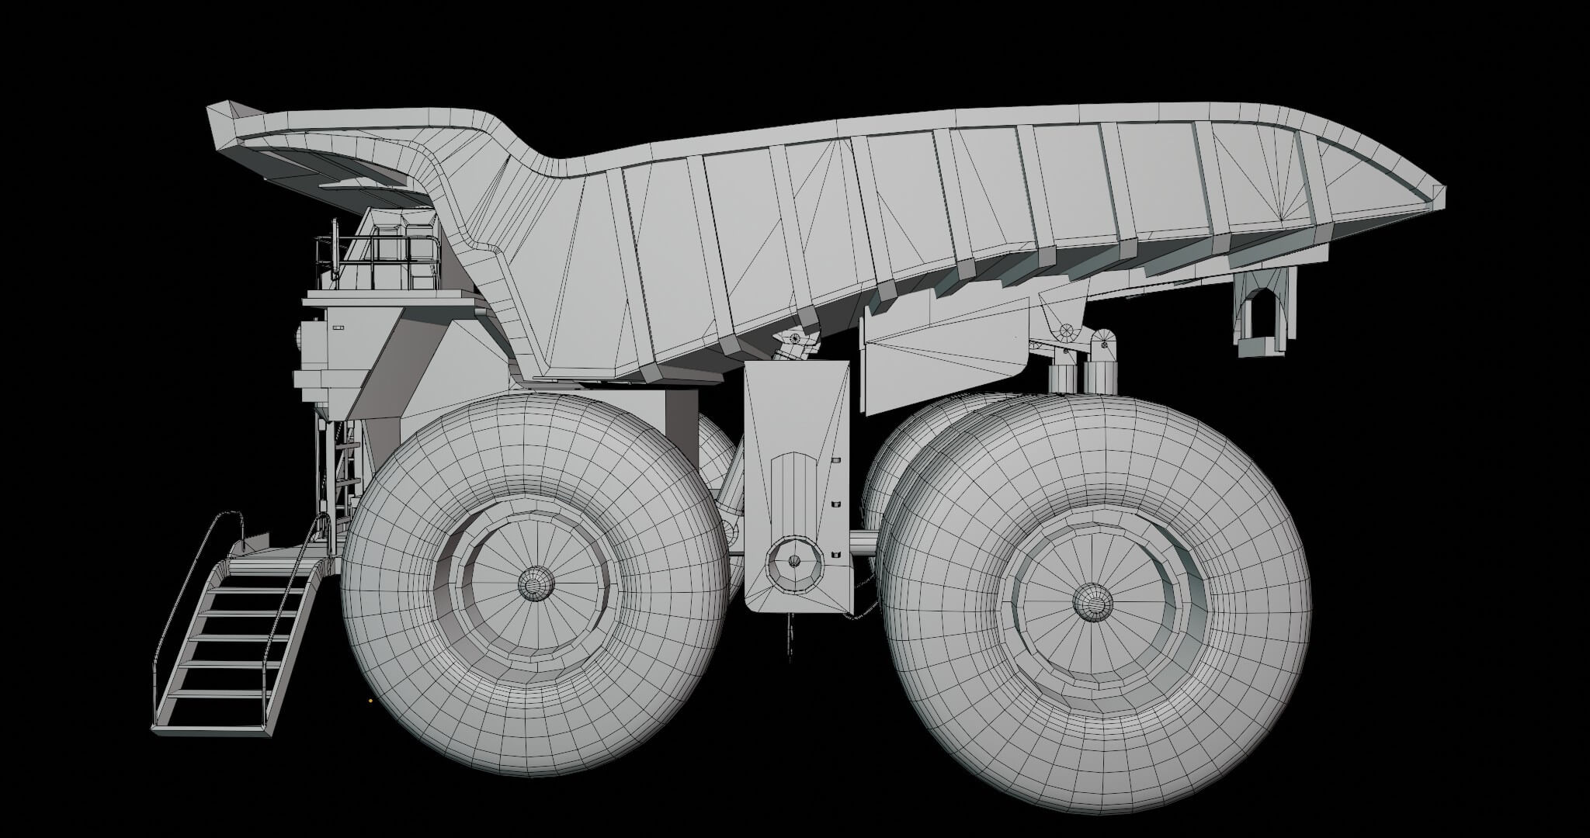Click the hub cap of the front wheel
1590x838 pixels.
point(534,583)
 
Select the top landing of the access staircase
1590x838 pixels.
point(268,552)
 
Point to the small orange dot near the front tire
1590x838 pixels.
point(370,700)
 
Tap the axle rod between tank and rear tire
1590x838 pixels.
point(863,540)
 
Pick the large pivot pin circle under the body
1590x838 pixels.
point(1067,332)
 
